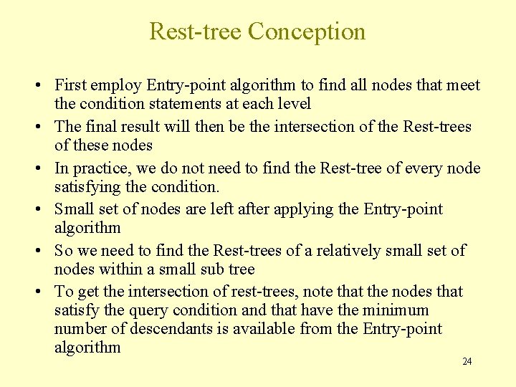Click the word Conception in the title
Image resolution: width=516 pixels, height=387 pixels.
coord(307,32)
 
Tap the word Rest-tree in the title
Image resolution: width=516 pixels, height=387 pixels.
coord(195,32)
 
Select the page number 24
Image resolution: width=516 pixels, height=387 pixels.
coord(467,361)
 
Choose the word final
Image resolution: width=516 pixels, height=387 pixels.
coord(101,127)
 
